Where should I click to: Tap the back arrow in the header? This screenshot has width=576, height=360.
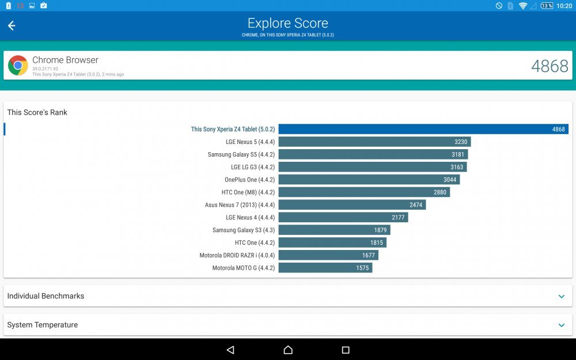pyautogui.click(x=12, y=25)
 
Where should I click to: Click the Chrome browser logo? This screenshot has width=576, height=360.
pyautogui.click(x=18, y=66)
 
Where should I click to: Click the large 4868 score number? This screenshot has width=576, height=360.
pyautogui.click(x=550, y=66)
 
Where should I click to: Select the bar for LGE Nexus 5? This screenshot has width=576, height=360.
pyautogui.click(x=374, y=142)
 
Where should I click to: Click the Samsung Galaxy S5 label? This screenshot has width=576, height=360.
pyautogui.click(x=241, y=154)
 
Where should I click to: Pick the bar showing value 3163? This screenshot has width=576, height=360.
pyautogui.click(x=372, y=167)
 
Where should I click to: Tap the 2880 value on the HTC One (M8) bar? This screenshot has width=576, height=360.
pyautogui.click(x=439, y=192)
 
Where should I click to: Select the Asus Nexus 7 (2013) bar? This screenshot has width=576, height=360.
pyautogui.click(x=352, y=205)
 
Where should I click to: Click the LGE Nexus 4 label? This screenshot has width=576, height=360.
pyautogui.click(x=250, y=218)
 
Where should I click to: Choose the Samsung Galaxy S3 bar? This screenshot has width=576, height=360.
pyautogui.click(x=334, y=230)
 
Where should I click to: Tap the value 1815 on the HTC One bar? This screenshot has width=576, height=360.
pyautogui.click(x=377, y=242)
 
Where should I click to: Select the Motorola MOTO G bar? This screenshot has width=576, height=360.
pyautogui.click(x=325, y=268)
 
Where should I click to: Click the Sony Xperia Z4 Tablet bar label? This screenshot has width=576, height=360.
pyautogui.click(x=233, y=129)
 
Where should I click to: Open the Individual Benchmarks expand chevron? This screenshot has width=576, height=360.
pyautogui.click(x=562, y=296)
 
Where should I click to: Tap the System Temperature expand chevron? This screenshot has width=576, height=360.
pyautogui.click(x=562, y=325)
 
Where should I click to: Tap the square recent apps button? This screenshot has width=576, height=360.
pyautogui.click(x=346, y=350)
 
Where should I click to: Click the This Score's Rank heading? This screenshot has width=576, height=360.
pyautogui.click(x=37, y=112)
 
